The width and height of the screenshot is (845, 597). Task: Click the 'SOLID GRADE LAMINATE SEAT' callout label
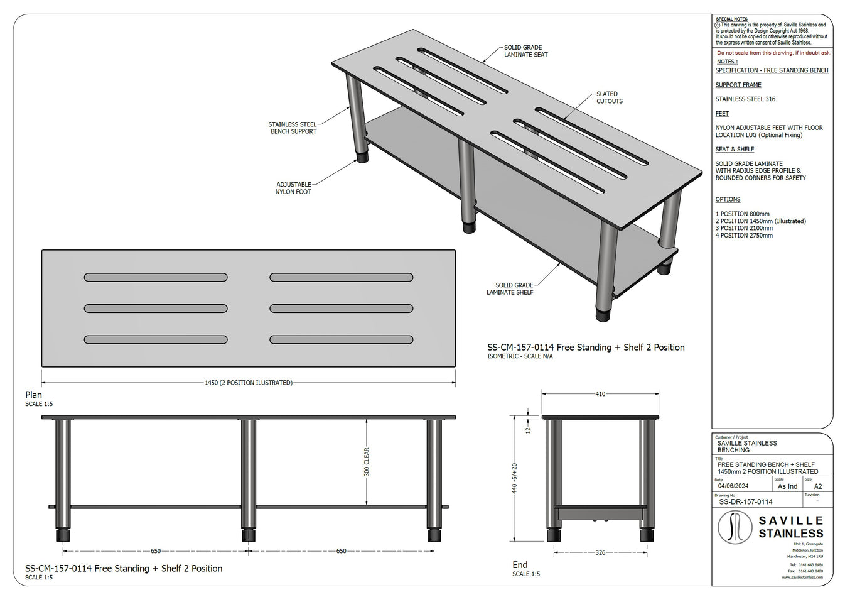(x=525, y=51)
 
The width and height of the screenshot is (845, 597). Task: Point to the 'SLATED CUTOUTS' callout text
(x=608, y=97)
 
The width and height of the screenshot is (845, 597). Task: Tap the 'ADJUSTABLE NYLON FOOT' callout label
(x=293, y=188)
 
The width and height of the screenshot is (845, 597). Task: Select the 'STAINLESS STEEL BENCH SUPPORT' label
(x=293, y=128)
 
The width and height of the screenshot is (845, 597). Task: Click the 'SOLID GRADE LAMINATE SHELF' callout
(x=510, y=288)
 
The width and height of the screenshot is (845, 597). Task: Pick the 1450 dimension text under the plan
(x=249, y=383)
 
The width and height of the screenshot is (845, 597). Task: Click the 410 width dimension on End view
(x=600, y=394)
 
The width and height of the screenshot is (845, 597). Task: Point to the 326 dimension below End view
(x=600, y=552)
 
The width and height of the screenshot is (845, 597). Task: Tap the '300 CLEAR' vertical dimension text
(x=367, y=462)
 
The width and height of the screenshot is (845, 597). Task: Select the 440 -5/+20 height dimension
(x=515, y=479)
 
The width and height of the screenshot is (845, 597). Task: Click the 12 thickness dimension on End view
(x=528, y=430)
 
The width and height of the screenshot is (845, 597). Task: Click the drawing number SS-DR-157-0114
(x=745, y=501)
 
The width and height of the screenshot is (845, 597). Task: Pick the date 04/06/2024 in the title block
(x=734, y=486)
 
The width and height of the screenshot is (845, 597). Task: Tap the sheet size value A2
(x=818, y=486)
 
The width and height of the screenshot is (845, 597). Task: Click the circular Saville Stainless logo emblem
(x=735, y=526)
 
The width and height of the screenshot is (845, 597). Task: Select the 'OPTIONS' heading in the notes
(x=728, y=199)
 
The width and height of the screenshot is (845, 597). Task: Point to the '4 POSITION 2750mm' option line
(x=744, y=236)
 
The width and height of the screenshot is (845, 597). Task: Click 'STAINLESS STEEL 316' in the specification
(x=745, y=99)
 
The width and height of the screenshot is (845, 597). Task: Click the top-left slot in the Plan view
(x=156, y=277)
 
